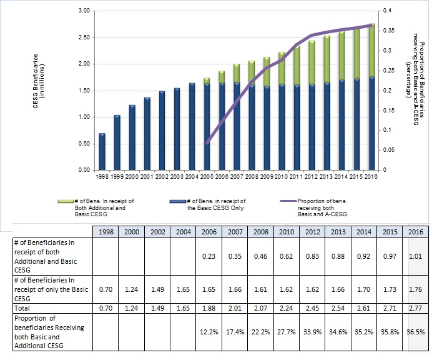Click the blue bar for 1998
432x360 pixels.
click(x=102, y=152)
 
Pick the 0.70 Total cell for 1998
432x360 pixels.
click(x=104, y=309)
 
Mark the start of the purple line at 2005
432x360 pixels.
click(x=207, y=142)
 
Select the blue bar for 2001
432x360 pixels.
click(x=147, y=134)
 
